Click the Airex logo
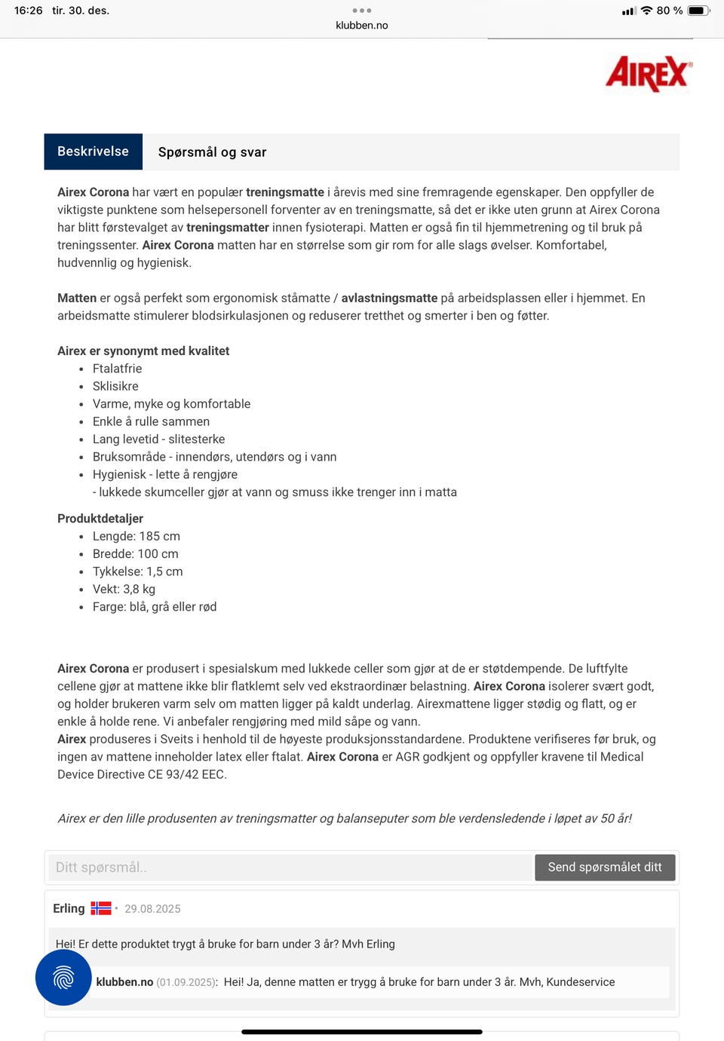click(x=648, y=74)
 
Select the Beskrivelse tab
click(x=93, y=152)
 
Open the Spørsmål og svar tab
click(x=212, y=152)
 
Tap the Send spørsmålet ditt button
click(x=605, y=868)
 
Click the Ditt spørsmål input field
click(x=290, y=868)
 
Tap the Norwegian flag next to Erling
click(x=101, y=908)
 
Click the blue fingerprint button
click(x=63, y=978)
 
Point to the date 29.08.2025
click(x=152, y=909)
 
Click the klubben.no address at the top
click(x=362, y=26)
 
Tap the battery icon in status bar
click(x=698, y=11)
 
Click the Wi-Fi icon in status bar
click(x=646, y=11)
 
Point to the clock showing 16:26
click(x=29, y=11)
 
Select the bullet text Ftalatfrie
click(x=117, y=369)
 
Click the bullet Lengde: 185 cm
click(x=136, y=537)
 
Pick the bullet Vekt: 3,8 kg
click(x=124, y=589)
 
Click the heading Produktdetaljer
click(x=100, y=519)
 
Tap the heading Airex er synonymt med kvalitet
click(x=143, y=351)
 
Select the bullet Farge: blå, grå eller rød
click(x=154, y=607)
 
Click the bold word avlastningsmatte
click(x=389, y=299)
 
